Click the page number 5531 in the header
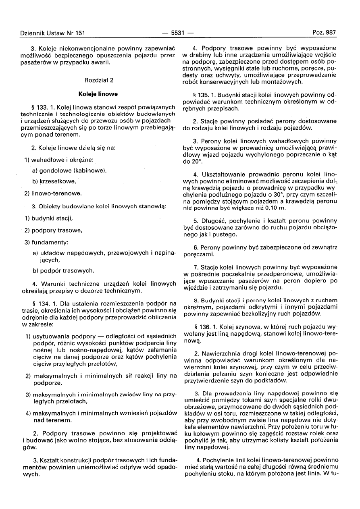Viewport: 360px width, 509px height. point(178,33)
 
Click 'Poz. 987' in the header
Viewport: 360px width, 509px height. point(324,33)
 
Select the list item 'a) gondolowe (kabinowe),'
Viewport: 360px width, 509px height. point(69,170)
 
